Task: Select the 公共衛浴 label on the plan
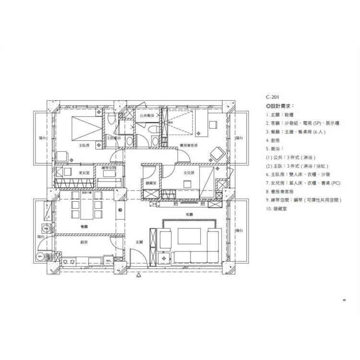click(x=147, y=116)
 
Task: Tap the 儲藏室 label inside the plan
click(x=149, y=183)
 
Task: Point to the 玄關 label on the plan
click(x=139, y=242)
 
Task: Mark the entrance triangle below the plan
click(x=139, y=276)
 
